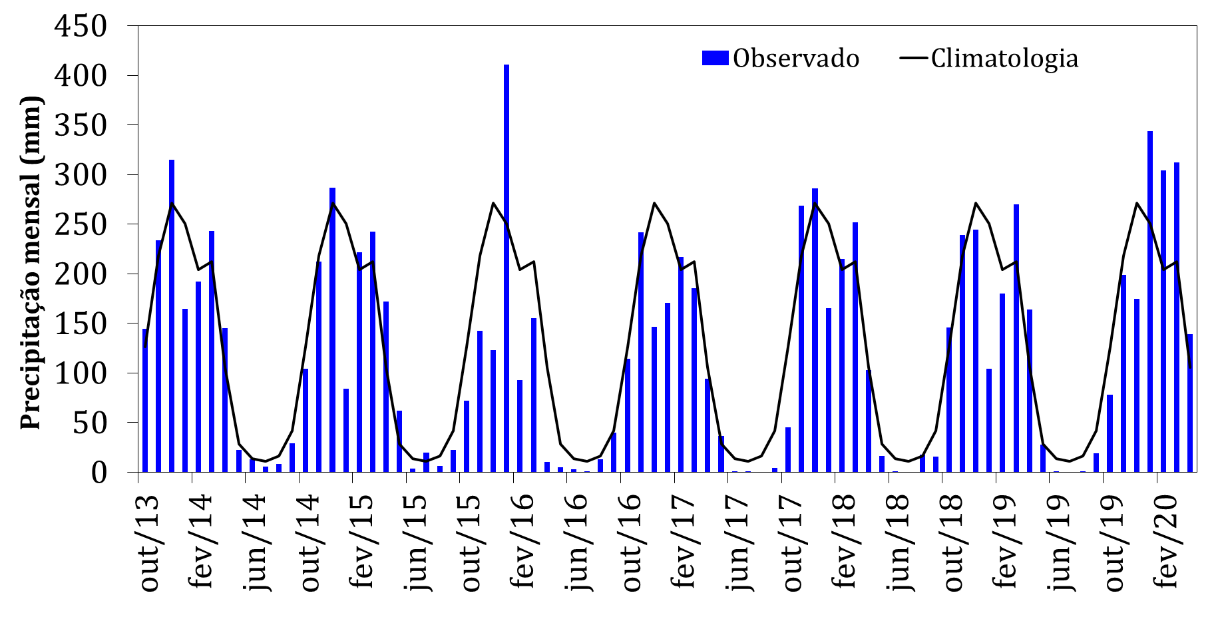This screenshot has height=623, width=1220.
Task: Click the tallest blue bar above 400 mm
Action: [507, 266]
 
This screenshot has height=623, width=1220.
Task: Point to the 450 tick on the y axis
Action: [81, 27]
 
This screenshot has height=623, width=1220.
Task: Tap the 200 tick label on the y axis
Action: [81, 274]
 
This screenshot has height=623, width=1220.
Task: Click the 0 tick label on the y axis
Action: [99, 473]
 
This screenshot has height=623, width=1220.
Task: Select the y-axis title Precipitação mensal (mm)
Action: [31, 263]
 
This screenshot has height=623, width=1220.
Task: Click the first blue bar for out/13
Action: [144, 399]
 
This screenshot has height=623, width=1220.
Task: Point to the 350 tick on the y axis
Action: [81, 126]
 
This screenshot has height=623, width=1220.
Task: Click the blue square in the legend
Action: [715, 58]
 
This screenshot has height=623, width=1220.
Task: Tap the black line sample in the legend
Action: [913, 58]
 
